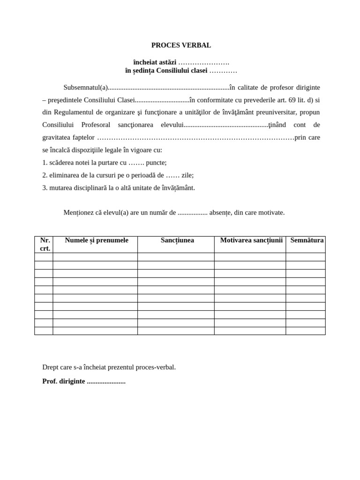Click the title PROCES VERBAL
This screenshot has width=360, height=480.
click(x=181, y=45)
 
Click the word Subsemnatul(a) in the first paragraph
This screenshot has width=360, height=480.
click(x=86, y=87)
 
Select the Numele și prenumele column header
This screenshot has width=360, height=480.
click(x=97, y=240)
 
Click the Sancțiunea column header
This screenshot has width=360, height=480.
click(x=177, y=240)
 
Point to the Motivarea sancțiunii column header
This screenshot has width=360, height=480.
click(x=251, y=240)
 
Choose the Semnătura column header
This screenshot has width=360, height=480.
click(x=307, y=240)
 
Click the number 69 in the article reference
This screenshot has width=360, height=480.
click(x=292, y=100)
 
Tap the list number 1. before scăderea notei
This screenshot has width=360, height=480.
click(x=45, y=163)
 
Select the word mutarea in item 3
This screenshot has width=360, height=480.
click(x=61, y=187)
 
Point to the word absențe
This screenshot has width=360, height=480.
click(x=220, y=212)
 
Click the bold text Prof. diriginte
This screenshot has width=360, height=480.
click(x=64, y=381)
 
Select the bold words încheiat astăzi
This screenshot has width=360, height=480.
click(x=155, y=62)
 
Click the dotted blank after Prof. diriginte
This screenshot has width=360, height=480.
click(x=106, y=382)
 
